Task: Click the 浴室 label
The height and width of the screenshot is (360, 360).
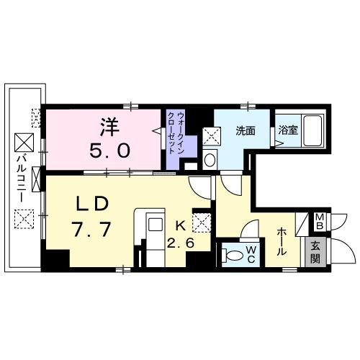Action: pos(287,131)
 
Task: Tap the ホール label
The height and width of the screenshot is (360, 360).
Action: pos(281,240)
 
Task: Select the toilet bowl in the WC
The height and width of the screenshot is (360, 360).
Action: pos(232,254)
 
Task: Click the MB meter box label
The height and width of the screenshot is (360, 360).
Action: pos(318,222)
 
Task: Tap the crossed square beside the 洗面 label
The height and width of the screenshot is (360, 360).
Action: pos(210,135)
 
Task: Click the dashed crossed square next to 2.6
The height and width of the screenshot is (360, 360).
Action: pos(204,222)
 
